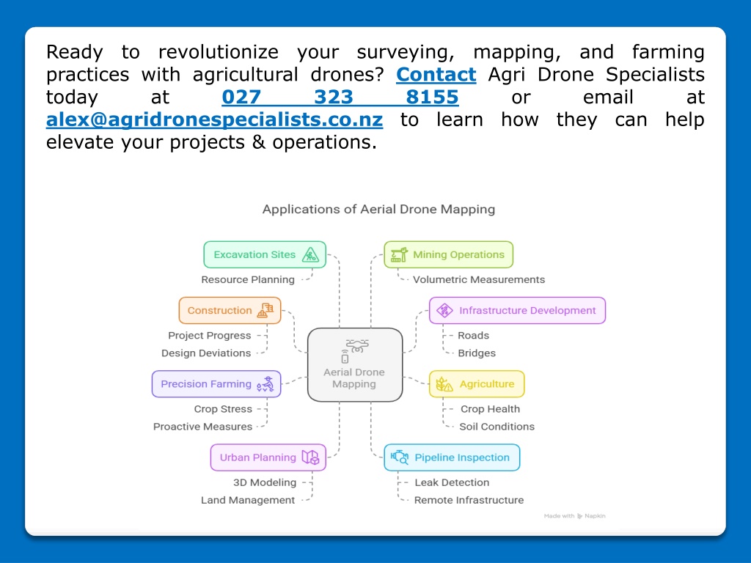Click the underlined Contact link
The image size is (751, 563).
tap(436, 75)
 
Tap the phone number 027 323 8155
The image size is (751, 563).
tap(340, 97)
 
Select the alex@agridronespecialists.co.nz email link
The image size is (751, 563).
tap(214, 119)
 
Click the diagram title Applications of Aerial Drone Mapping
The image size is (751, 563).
tap(378, 209)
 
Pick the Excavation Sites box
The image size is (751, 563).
tap(265, 254)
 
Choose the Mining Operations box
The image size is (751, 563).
tap(448, 254)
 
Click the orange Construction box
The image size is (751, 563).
tap(230, 310)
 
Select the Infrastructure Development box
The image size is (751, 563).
tap(517, 310)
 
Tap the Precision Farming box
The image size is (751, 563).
tap(216, 384)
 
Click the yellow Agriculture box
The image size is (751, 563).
tap(477, 384)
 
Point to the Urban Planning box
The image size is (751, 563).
tap(268, 457)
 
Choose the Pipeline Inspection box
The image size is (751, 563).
tap(452, 457)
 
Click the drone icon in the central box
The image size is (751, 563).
tap(357, 346)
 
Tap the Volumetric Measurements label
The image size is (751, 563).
tap(479, 279)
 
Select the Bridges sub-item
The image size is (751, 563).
tap(477, 353)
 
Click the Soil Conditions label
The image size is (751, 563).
tap(497, 427)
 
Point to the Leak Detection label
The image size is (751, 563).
tap(452, 482)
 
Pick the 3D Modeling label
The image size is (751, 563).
tap(265, 482)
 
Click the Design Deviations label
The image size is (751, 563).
tap(206, 353)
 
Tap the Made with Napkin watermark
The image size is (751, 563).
tap(575, 516)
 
